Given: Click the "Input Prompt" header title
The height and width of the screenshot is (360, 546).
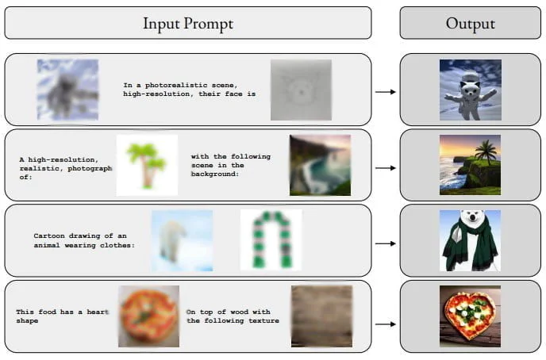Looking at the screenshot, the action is [188, 24].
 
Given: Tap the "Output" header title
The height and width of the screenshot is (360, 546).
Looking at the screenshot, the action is [470, 24].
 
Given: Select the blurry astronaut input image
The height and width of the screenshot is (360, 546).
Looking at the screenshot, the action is [68, 90].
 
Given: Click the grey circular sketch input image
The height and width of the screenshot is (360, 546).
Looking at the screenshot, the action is [302, 90].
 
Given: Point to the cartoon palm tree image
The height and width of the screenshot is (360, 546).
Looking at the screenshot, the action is [147, 165].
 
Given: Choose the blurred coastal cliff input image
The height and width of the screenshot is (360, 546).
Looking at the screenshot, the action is [321, 165].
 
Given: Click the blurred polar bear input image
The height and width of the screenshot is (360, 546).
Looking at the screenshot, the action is [182, 241].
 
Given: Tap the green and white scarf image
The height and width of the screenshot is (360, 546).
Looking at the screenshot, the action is [271, 240].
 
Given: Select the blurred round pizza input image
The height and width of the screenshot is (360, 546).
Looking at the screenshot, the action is [148, 316].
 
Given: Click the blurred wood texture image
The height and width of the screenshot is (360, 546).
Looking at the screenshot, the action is [321, 316].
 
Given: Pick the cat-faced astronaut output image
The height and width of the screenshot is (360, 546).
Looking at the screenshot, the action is [471, 90].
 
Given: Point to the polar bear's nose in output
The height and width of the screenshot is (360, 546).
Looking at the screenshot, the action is [472, 218].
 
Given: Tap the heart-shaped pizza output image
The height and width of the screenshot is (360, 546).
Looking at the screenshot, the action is [470, 316].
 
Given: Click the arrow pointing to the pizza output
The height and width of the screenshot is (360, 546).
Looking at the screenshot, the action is [386, 324].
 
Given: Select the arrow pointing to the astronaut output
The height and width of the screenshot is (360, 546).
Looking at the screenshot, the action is [386, 92].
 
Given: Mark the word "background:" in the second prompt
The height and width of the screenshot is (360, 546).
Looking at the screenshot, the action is [215, 174].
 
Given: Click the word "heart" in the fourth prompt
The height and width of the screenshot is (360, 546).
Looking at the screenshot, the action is [98, 312].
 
